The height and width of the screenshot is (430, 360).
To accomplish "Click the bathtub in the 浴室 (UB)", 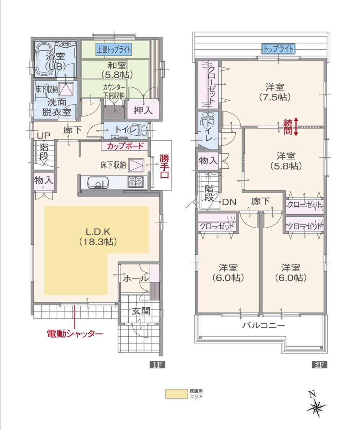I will click(44, 59).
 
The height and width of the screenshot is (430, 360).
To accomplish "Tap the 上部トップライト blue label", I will click(114, 49).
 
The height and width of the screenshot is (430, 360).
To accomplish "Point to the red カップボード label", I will click(125, 146).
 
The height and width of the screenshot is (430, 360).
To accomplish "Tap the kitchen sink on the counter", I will click(98, 183).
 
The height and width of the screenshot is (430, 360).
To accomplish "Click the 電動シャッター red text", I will click(75, 333).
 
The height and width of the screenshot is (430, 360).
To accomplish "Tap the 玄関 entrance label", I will click(140, 311).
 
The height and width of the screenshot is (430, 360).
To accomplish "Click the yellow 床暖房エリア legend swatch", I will click(176, 394).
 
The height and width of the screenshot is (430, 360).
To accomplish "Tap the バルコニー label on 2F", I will click(263, 325).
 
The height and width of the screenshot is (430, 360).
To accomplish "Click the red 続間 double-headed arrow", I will click(296, 127).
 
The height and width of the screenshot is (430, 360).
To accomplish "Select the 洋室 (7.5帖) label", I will click(275, 92).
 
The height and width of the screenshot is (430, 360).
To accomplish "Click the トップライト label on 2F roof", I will click(278, 48).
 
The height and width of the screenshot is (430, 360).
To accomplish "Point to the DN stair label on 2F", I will click(229, 202).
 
